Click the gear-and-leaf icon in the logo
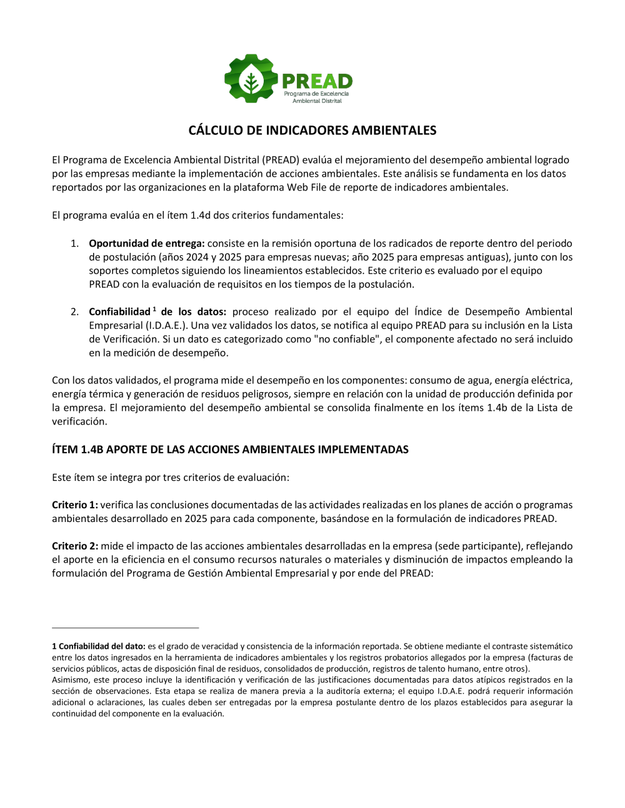(x=251, y=78)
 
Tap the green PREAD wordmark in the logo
(x=317, y=82)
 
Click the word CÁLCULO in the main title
(x=216, y=131)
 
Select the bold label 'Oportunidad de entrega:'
(x=147, y=244)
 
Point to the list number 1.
(x=74, y=244)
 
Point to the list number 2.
(x=74, y=312)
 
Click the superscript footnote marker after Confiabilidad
(x=154, y=308)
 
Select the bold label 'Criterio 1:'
(x=75, y=505)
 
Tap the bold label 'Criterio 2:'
(x=75, y=546)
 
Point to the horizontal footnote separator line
(x=125, y=628)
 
